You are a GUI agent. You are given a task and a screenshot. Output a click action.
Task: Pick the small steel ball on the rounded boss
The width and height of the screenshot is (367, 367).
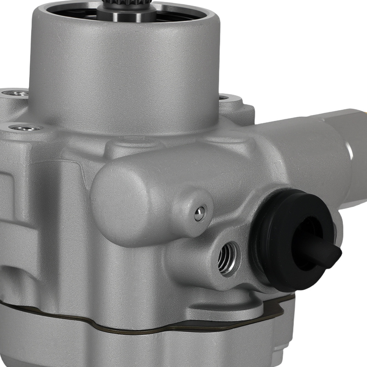(x=200, y=214)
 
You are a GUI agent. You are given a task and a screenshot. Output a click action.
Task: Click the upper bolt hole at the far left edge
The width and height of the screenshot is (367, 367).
(x=15, y=93)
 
